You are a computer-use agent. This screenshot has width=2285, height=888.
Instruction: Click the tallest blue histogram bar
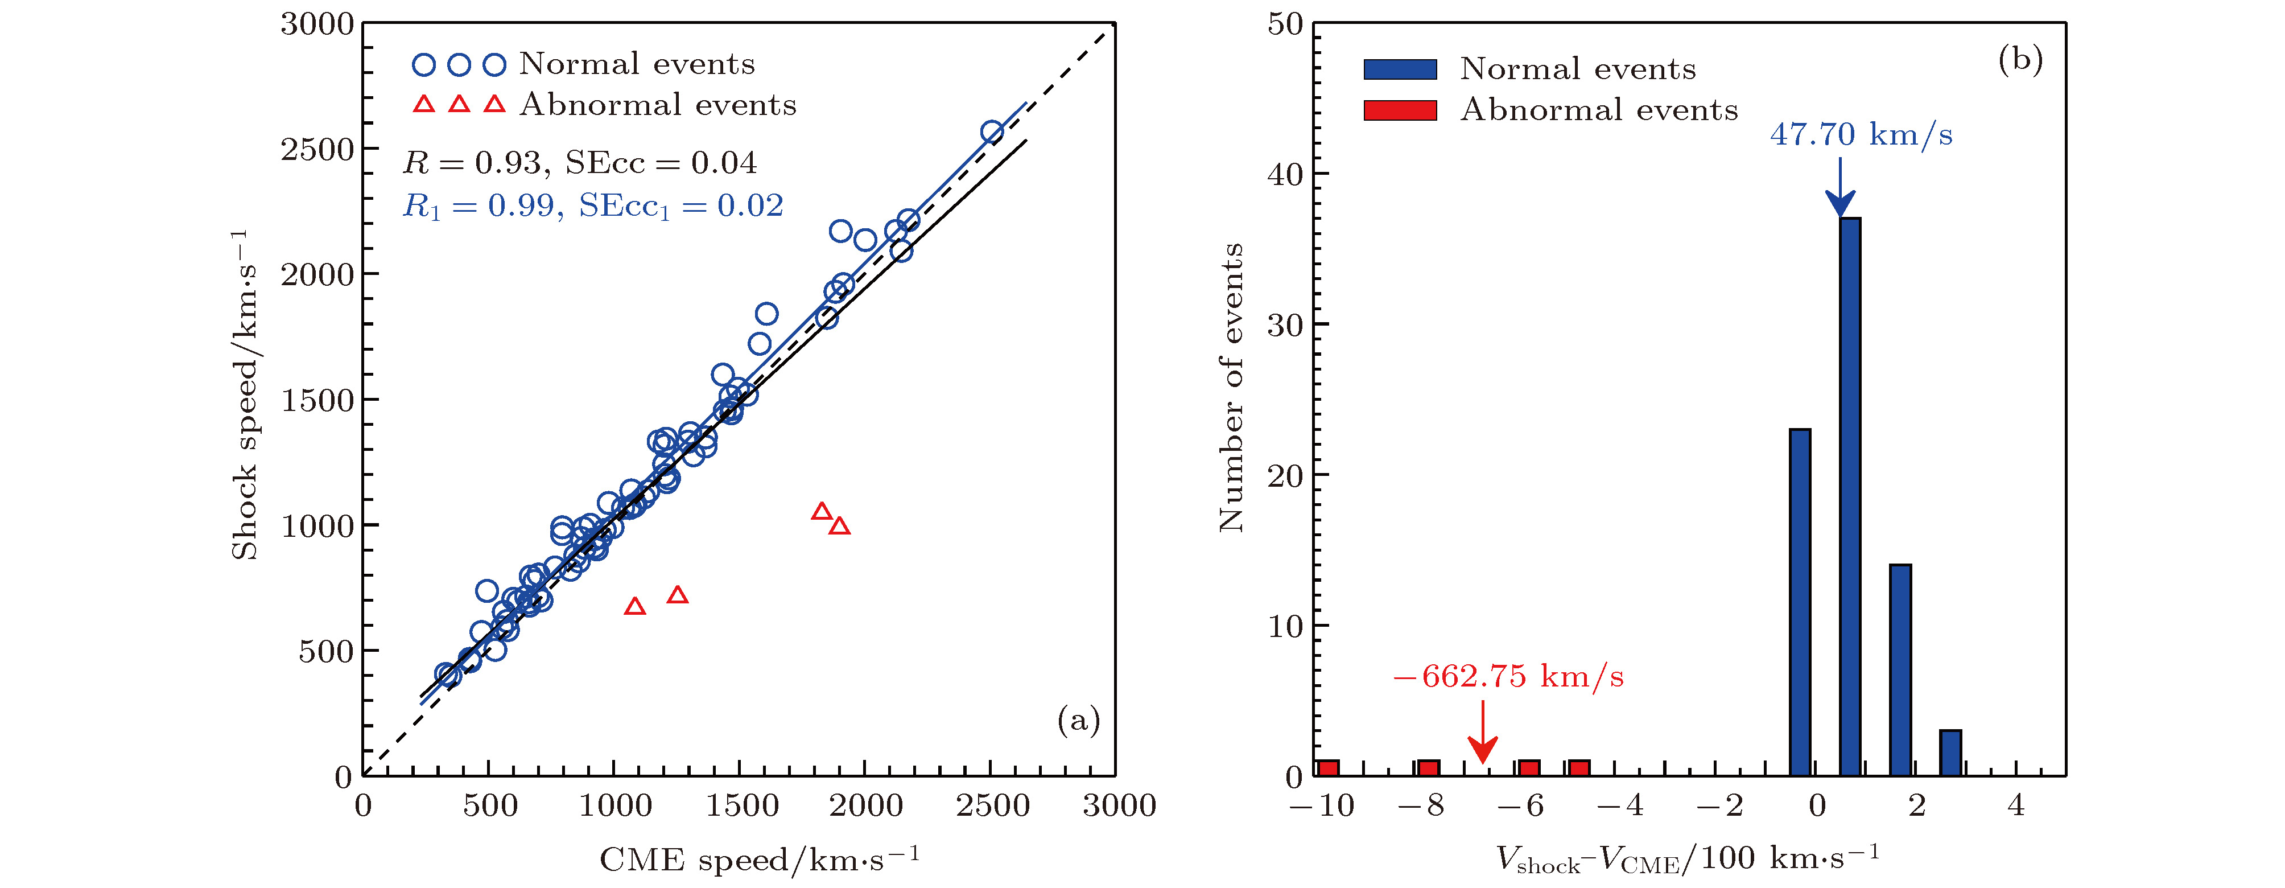tap(1850, 497)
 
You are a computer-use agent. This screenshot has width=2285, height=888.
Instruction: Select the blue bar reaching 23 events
tap(1800, 603)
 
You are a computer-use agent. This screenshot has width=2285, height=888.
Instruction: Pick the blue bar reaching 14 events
tap(1900, 671)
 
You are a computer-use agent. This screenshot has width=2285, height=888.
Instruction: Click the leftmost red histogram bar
tap(1328, 768)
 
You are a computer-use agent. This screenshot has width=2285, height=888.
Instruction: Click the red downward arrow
tap(1482, 732)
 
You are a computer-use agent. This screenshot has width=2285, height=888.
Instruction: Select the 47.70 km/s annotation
tap(1861, 135)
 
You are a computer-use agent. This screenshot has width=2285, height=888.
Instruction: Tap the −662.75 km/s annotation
tap(1508, 677)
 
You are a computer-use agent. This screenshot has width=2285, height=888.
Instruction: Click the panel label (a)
tap(1078, 720)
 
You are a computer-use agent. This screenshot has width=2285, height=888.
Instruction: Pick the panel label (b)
tap(2020, 59)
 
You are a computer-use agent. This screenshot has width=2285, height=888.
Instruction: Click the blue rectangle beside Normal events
tap(1400, 69)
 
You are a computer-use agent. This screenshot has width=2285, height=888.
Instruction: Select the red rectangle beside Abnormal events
tap(1400, 110)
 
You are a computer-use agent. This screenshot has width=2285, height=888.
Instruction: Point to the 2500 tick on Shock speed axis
tap(317, 149)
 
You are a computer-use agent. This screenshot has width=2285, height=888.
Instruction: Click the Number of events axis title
tap(1231, 388)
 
